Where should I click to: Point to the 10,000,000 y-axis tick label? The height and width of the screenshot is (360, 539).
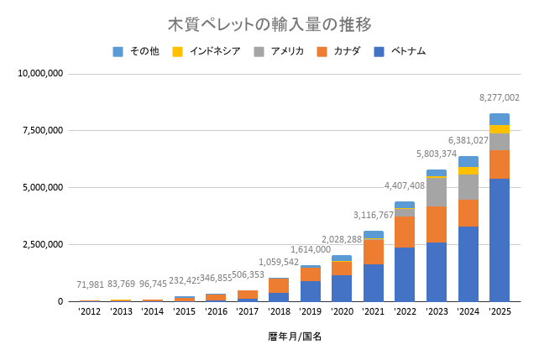point(39,74)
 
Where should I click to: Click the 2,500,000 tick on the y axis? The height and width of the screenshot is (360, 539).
point(42,244)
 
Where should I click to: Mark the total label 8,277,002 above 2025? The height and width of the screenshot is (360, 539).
point(500,98)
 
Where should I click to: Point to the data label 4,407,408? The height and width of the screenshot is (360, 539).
point(405,185)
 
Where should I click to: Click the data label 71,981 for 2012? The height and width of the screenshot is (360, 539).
point(90,284)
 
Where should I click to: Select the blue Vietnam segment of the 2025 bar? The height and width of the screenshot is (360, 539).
point(500,239)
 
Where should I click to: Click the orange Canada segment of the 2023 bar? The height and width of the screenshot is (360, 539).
point(437,224)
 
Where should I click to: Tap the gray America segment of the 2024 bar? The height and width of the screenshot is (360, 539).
point(468,187)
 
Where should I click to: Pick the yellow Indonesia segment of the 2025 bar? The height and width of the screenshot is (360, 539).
point(500,129)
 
